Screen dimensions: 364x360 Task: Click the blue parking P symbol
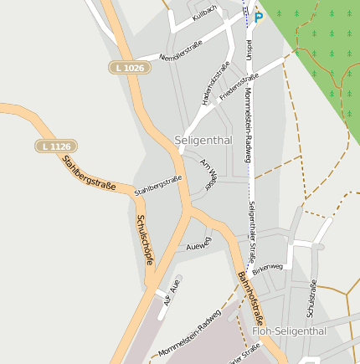259,16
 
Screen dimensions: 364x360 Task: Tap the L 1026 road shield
130,67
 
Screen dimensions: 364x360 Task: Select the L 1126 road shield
55,146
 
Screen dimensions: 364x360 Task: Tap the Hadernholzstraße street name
215,84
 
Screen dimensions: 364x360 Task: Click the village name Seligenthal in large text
204,140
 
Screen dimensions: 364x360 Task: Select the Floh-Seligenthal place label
289,331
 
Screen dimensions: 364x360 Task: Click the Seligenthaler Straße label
251,232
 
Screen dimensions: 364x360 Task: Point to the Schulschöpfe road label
144,240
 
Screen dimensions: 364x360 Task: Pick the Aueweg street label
199,244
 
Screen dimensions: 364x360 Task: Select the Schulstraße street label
311,298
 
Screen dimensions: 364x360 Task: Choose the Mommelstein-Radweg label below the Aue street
189,332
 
